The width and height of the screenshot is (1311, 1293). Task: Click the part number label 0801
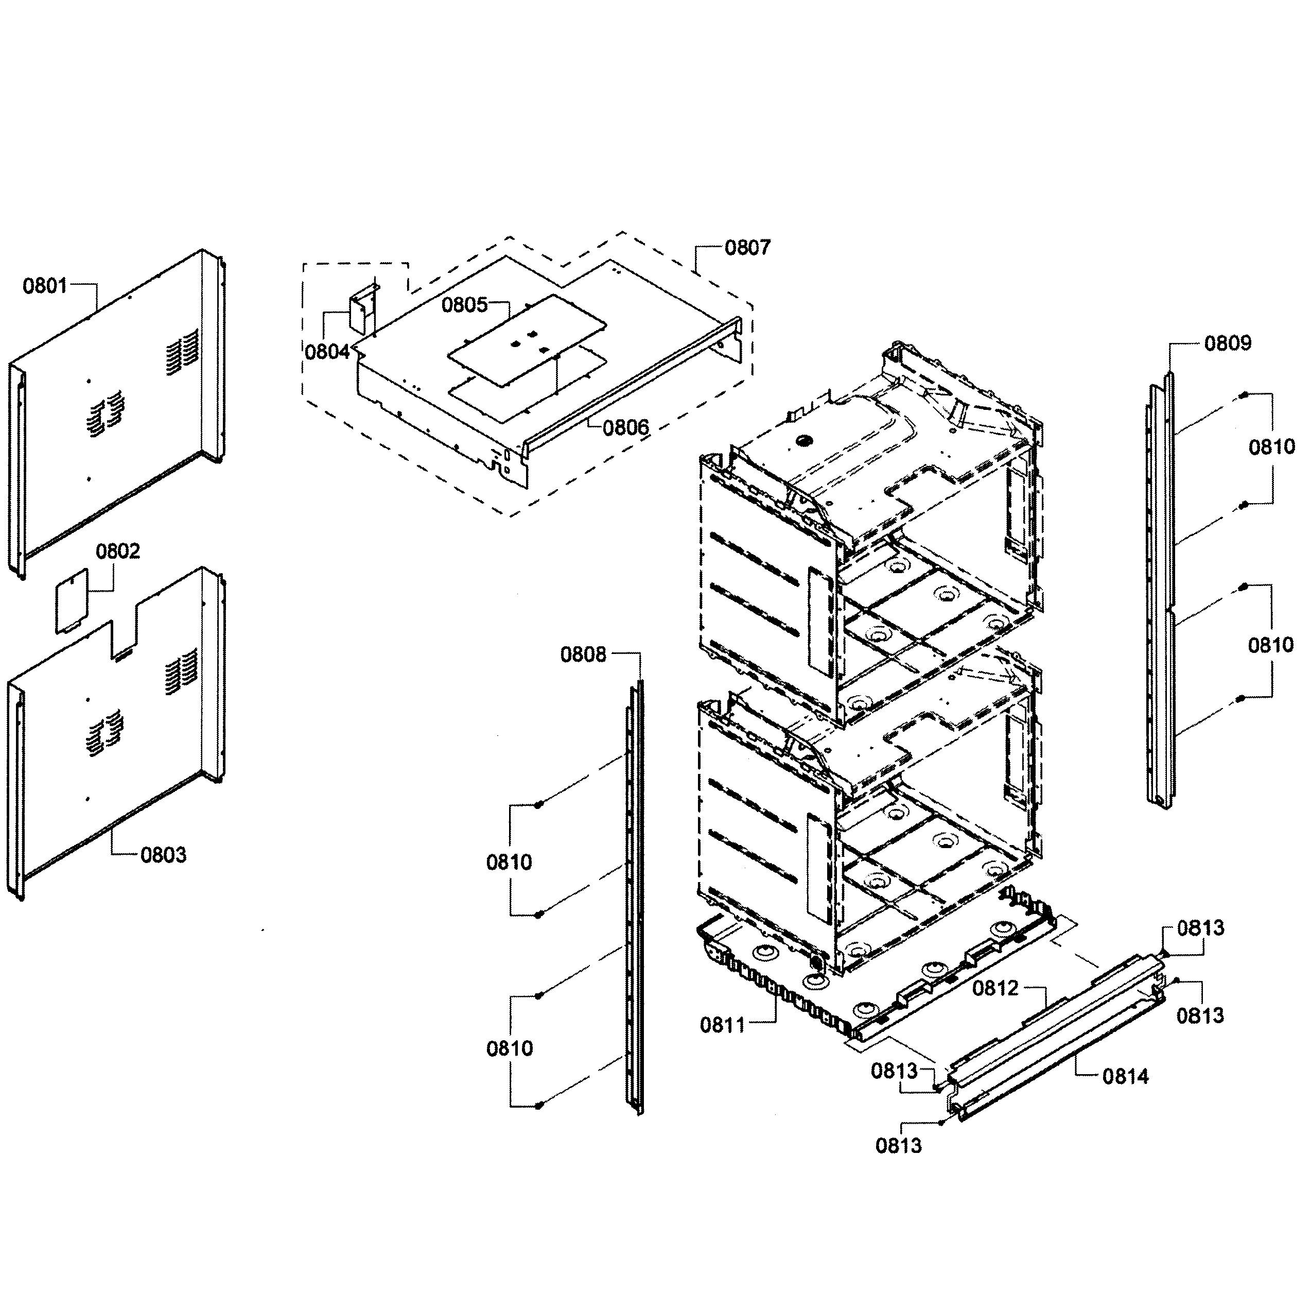[45, 286]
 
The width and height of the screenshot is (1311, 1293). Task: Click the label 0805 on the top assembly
[464, 305]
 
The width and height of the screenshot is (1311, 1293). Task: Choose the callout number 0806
[625, 427]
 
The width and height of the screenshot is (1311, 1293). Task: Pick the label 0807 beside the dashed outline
[747, 248]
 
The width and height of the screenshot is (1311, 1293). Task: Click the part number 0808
[582, 654]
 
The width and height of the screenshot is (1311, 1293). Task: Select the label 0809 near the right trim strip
[1227, 343]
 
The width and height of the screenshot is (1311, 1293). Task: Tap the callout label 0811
[722, 1025]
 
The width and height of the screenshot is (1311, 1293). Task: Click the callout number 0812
[995, 988]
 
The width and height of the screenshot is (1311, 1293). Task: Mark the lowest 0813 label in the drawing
[898, 1146]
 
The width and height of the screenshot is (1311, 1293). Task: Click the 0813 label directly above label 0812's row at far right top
[1200, 928]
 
